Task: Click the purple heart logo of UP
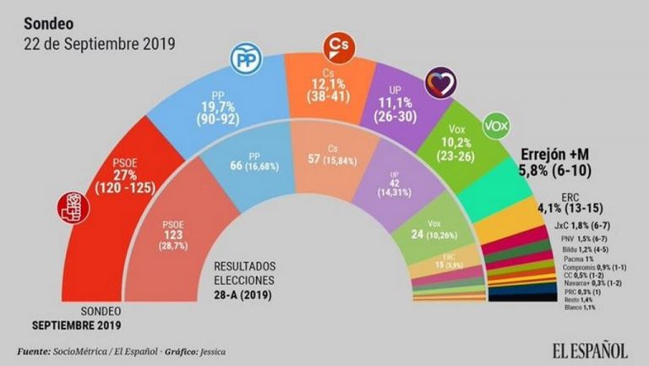[x=444, y=81]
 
